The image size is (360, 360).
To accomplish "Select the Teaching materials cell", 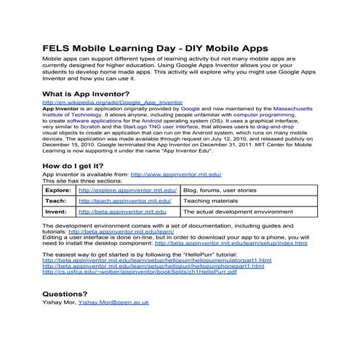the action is (x=210, y=200).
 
